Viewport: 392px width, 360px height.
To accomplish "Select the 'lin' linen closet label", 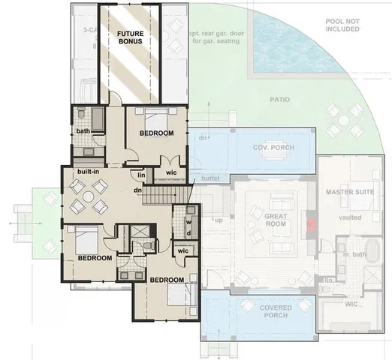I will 140,175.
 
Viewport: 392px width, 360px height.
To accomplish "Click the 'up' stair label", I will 218,221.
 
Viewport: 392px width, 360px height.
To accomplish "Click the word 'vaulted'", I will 350,217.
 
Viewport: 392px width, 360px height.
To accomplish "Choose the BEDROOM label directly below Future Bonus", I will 156,133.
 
